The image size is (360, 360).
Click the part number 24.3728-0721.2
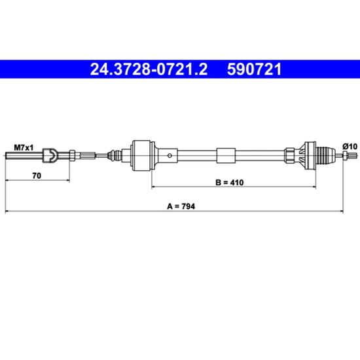pyautogui.click(x=149, y=69)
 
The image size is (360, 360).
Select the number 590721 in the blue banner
pyautogui.click(x=254, y=69)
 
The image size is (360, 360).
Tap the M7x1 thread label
pyautogui.click(x=24, y=148)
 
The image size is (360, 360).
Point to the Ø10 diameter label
pyautogui.click(x=350, y=146)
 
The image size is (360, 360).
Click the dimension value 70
pyautogui.click(x=37, y=175)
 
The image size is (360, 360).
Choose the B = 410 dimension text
pyautogui.click(x=230, y=183)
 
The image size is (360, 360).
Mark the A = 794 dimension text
pyautogui.click(x=181, y=206)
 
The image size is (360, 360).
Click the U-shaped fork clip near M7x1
pyautogui.click(x=50, y=155)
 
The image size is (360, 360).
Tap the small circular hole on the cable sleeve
pyautogui.click(x=170, y=156)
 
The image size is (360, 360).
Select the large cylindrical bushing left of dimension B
pyautogui.click(x=142, y=155)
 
